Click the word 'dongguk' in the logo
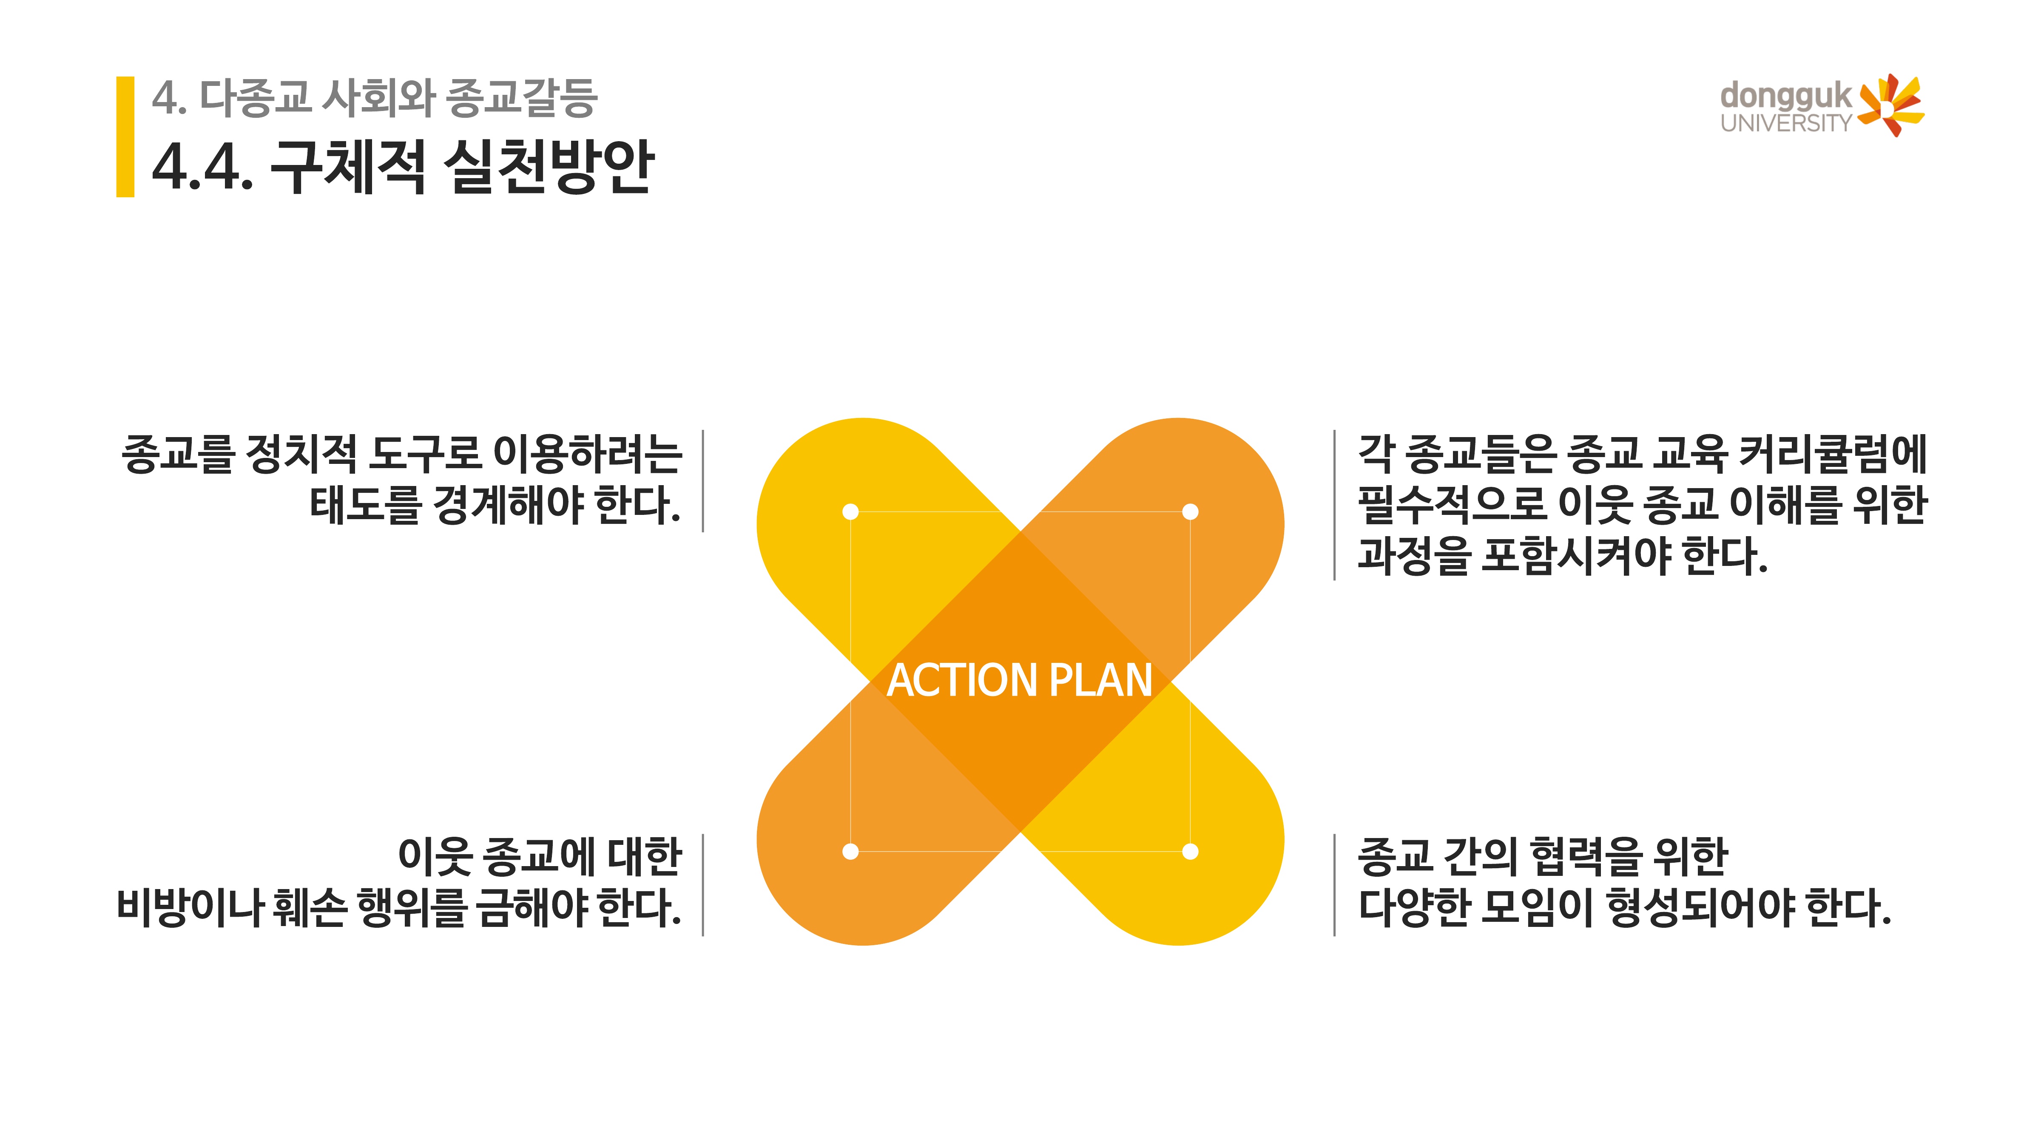pyautogui.click(x=1785, y=97)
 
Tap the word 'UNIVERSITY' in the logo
pyautogui.click(x=1785, y=124)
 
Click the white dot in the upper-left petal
pyautogui.click(x=850, y=512)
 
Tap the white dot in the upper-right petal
pyautogui.click(x=1190, y=512)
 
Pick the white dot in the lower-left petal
pyautogui.click(x=850, y=852)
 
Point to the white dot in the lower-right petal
pyautogui.click(x=1190, y=852)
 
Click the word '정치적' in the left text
pyautogui.click(x=301, y=454)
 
